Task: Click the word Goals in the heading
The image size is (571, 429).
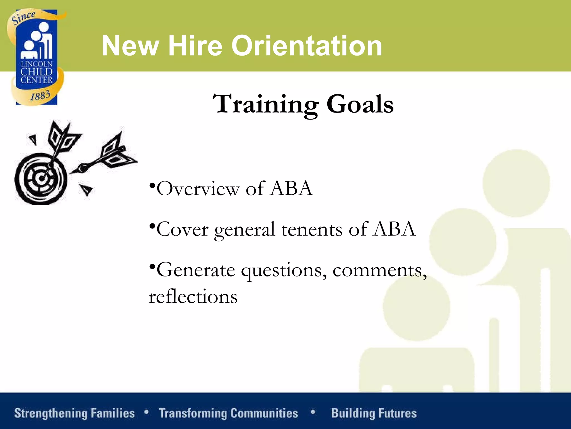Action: pyautogui.click(x=360, y=104)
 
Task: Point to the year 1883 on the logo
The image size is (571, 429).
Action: pyautogui.click(x=40, y=96)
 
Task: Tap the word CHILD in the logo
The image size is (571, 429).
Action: pyautogui.click(x=37, y=72)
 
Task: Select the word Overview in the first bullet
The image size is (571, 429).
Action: pyautogui.click(x=198, y=189)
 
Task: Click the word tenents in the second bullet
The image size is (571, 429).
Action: pyautogui.click(x=312, y=230)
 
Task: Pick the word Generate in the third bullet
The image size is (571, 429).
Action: pyautogui.click(x=196, y=270)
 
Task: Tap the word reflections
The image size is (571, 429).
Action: pyautogui.click(x=193, y=297)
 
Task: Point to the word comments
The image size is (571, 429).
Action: pyautogui.click(x=379, y=270)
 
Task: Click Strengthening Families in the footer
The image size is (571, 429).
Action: pyautogui.click(x=74, y=413)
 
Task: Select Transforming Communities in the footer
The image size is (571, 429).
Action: pyautogui.click(x=228, y=413)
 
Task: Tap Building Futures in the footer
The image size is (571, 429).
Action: pyautogui.click(x=374, y=413)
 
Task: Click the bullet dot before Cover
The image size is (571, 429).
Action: pyautogui.click(x=152, y=225)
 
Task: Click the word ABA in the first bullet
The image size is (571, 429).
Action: pyautogui.click(x=291, y=189)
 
